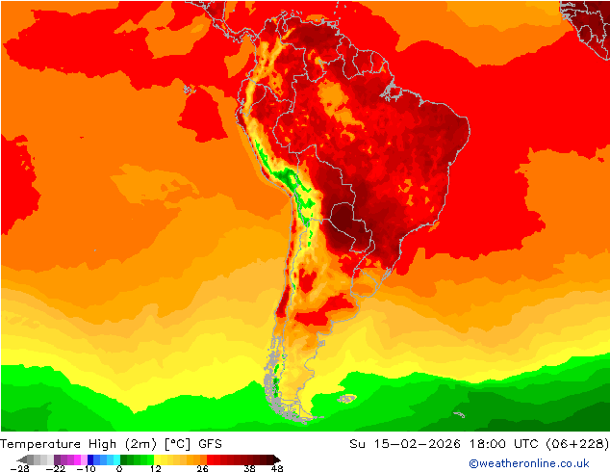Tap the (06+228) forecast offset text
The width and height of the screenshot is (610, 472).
tap(578, 443)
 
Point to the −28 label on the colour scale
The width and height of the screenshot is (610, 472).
tap(16, 468)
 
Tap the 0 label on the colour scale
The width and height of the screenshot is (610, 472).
tap(118, 468)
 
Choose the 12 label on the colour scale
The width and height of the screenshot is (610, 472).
tap(155, 468)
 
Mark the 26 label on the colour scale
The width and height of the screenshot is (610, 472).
tap(201, 468)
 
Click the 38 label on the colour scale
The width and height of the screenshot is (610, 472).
tap(249, 468)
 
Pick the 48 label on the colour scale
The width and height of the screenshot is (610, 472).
tap(277, 468)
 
